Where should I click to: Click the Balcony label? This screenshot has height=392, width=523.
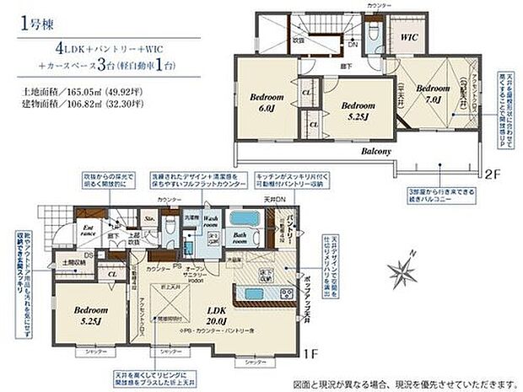coord(377,153)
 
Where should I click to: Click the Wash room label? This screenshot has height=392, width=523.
coord(212,222)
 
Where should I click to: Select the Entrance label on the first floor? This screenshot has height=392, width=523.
coord(87,229)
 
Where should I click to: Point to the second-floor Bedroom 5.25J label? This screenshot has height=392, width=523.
coord(356,110)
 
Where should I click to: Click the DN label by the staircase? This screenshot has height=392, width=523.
coord(353,45)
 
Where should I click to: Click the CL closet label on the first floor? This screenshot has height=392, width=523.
coord(111,272)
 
